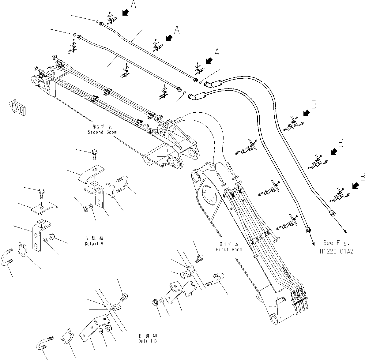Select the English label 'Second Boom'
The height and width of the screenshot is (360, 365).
pos(102,132)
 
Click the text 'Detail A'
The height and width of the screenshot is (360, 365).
pos(94,244)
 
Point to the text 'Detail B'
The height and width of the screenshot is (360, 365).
pos(148,341)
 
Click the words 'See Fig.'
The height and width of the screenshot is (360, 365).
pos(336,243)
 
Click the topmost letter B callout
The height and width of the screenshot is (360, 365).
pos(314,105)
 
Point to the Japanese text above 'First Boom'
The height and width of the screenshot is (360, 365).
pos(229,244)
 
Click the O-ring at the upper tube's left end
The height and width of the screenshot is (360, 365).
pos(96,21)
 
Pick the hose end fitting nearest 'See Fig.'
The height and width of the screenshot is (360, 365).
pos(332,213)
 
